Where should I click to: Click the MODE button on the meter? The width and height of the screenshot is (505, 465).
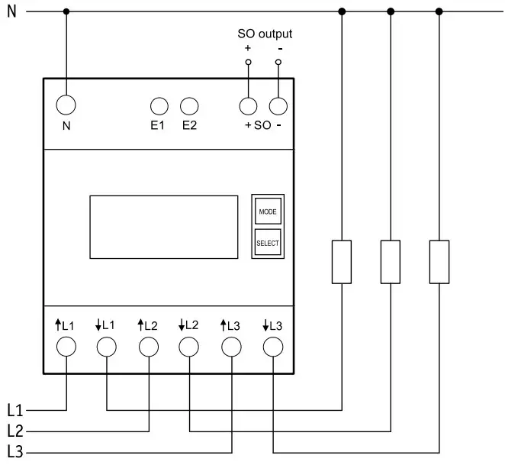tap(267, 212)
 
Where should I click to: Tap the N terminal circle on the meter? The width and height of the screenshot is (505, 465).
tap(66, 105)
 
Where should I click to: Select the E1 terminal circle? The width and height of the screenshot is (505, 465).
tap(158, 105)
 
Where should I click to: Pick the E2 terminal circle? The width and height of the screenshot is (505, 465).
tap(189, 105)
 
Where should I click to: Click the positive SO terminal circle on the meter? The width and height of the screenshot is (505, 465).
tap(248, 105)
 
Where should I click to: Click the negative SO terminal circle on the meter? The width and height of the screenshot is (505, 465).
tap(279, 105)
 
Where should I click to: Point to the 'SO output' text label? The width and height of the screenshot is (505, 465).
tap(264, 34)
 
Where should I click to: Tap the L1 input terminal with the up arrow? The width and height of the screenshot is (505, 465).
tap(66, 347)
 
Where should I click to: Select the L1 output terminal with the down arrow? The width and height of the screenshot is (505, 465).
tap(107, 347)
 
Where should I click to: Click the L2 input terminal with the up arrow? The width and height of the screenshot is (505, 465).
tap(148, 347)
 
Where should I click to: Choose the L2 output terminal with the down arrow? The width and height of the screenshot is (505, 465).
tap(189, 347)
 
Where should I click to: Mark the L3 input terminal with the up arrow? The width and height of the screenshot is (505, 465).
tap(231, 347)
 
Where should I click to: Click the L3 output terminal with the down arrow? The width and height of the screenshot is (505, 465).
tap(272, 347)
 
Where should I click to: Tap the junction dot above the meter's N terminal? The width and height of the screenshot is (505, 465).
tap(66, 11)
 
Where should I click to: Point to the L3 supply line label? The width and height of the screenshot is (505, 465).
tap(15, 450)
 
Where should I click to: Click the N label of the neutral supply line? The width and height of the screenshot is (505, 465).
tap(11, 11)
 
